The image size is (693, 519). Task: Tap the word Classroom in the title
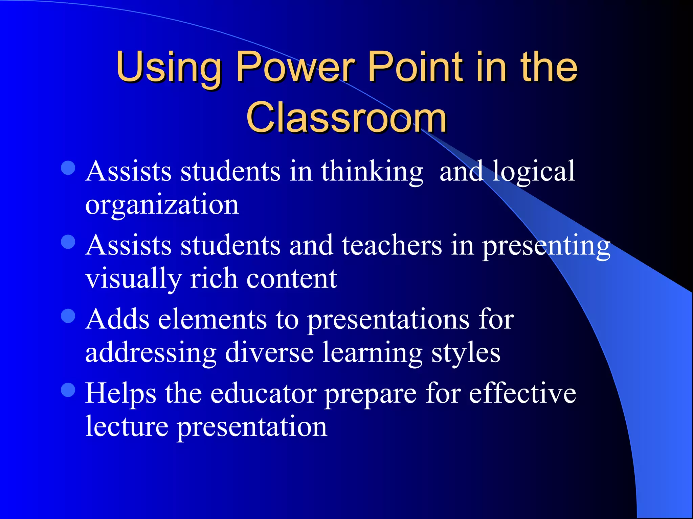tap(346, 118)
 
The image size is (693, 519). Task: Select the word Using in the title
tap(168, 68)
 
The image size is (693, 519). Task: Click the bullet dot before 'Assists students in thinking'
tap(68, 168)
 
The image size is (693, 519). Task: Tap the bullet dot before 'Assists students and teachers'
tap(68, 242)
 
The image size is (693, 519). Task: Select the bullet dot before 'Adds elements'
tap(68, 316)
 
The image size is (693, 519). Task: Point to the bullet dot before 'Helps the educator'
tap(68, 390)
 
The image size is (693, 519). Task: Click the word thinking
tap(372, 172)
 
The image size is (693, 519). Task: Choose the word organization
tap(162, 205)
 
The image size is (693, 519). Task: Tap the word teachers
tap(392, 245)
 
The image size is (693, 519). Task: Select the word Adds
tap(117, 319)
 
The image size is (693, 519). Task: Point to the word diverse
tap(269, 353)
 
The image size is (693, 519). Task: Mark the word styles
tap(466, 353)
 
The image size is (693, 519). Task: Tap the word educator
tap(264, 393)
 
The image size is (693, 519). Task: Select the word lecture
tap(127, 426)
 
